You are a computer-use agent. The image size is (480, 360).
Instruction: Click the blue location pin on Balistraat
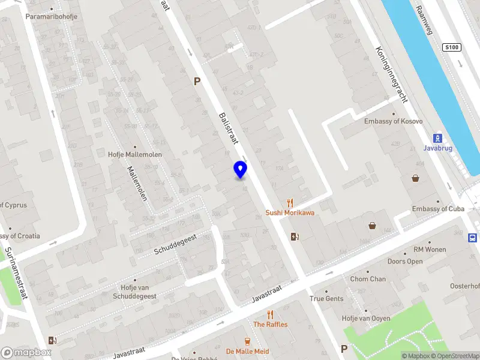(x=240, y=169)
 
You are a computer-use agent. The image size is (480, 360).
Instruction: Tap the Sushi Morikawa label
(x=290, y=213)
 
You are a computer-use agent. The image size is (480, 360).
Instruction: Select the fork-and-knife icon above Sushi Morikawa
(x=290, y=203)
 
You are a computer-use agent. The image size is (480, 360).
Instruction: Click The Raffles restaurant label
(x=270, y=325)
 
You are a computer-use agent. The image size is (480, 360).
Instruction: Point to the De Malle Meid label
(x=247, y=352)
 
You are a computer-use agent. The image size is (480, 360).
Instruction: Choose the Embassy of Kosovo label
(x=393, y=121)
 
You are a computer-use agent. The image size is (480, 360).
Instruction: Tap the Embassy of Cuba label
(x=438, y=209)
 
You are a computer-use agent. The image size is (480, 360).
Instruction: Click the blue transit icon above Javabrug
(x=438, y=137)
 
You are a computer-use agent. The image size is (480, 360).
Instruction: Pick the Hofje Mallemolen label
(x=135, y=154)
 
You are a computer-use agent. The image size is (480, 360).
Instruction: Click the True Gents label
(x=326, y=299)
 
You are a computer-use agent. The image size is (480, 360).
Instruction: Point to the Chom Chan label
(x=368, y=279)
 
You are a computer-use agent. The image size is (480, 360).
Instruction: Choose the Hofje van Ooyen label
(x=365, y=319)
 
